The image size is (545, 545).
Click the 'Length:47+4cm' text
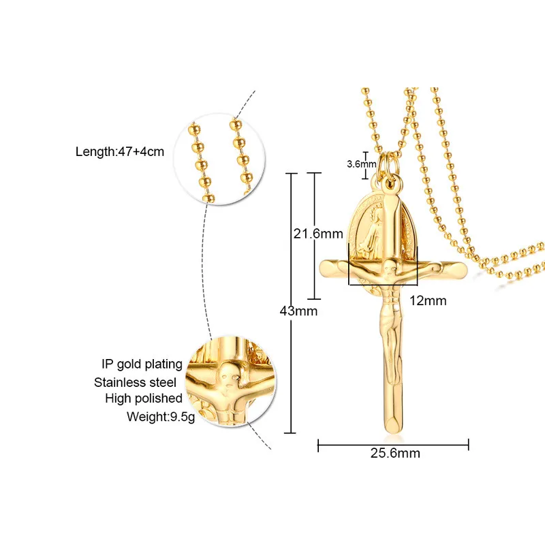[119, 151]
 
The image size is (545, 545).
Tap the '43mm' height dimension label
[299, 311]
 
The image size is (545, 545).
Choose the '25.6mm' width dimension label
[393, 452]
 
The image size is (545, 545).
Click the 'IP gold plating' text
[138, 364]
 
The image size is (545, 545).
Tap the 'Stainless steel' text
[136, 381]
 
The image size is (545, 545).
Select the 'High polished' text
[144, 399]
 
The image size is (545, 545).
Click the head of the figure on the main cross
[390, 266]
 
